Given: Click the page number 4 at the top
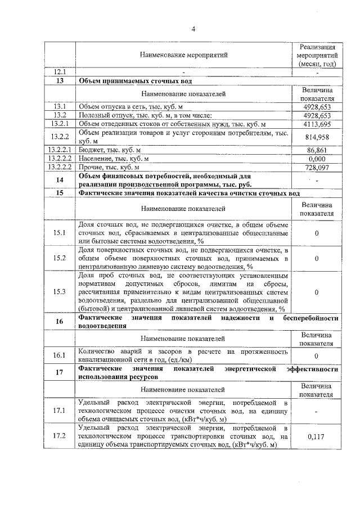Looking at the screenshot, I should (x=192, y=29).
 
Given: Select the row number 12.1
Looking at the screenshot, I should (x=60, y=72).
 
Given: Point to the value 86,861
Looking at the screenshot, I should (x=317, y=150).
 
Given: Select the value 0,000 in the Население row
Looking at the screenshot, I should (x=317, y=159).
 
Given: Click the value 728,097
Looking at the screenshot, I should (x=317, y=168).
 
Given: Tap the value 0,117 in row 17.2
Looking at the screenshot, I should (x=317, y=436).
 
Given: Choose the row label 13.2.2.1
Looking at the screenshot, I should (x=60, y=150).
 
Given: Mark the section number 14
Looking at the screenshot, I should (x=60, y=180).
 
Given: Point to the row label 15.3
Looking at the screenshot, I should (x=60, y=292).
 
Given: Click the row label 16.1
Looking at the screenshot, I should (x=60, y=355).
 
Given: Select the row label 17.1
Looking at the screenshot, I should (x=60, y=411).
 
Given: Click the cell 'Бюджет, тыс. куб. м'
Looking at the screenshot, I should (x=110, y=150).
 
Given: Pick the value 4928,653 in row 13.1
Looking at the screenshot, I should (x=317, y=106).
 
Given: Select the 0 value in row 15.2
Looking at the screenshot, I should (x=317, y=258).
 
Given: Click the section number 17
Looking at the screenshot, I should (x=60, y=372).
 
